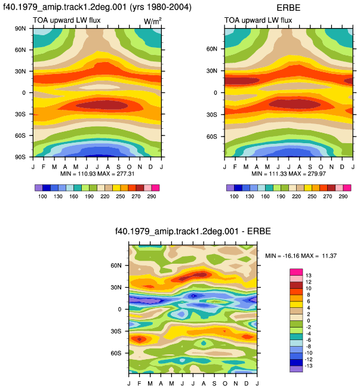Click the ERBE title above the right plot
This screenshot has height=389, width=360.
tap(288, 8)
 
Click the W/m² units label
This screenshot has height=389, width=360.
tap(152, 21)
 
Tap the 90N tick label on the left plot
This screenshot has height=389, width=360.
tap(20, 29)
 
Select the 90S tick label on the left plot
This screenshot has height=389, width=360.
tap(20, 157)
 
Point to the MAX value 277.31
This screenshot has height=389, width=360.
tap(125, 174)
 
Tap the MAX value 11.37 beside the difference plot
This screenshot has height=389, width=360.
tap(329, 256)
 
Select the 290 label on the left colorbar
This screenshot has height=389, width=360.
tap(152, 196)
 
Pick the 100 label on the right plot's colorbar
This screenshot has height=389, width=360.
tap(234, 196)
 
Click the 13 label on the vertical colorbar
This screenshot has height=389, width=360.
tap(309, 276)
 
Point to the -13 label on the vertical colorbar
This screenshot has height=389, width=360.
tap(308, 366)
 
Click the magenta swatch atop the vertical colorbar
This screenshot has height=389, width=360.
tap(296, 272)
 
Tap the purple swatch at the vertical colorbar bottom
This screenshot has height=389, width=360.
tap(296, 369)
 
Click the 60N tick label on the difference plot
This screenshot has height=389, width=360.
tap(116, 265)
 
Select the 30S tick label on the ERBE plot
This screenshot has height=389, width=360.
tap(211, 115)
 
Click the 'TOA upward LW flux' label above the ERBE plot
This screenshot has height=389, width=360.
tap(258, 20)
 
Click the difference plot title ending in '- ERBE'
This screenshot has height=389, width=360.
tap(193, 231)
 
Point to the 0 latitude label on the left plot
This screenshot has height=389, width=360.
tap(24, 93)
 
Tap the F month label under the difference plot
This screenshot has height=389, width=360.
tap(139, 384)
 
